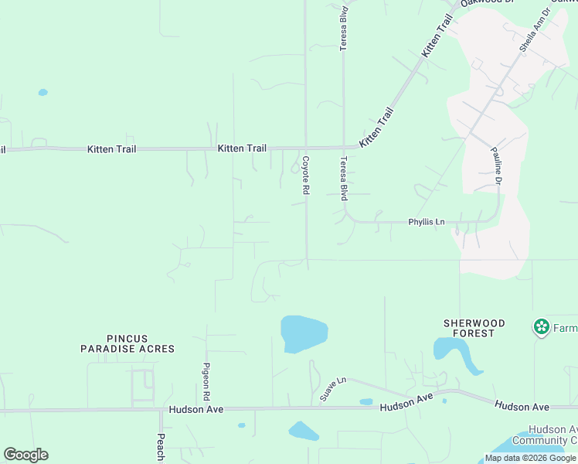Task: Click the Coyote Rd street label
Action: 306,175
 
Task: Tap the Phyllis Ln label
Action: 427,223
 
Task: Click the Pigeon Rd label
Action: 206,380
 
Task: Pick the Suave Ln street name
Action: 333,389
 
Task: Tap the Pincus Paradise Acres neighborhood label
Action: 127,343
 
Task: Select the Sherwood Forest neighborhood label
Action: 474,328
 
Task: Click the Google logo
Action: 25,455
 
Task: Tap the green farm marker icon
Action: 541,327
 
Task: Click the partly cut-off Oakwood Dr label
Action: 487,3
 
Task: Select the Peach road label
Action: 161,447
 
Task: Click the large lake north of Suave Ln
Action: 304,333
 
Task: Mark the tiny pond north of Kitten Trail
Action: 42,92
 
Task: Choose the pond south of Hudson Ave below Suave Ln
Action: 303,431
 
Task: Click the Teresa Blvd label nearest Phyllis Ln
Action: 344,179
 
